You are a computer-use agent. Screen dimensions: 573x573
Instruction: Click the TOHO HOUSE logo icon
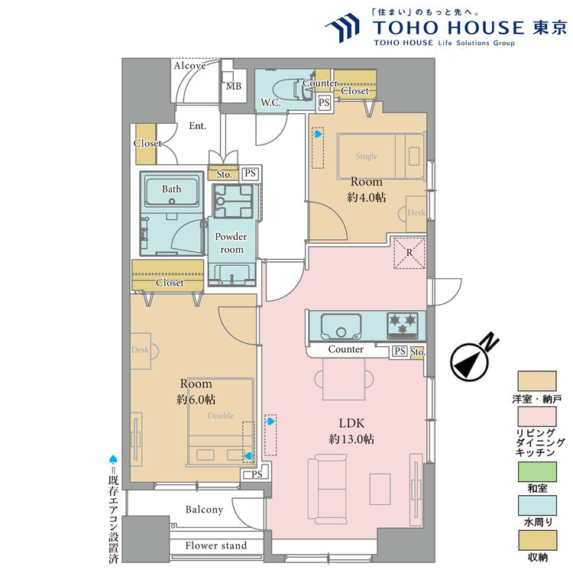344,29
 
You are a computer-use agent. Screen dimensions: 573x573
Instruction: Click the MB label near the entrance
233,86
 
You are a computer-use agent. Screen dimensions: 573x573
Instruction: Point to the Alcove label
189,66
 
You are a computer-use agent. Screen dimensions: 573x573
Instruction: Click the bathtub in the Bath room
171,194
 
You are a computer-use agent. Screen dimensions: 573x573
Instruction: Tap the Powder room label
231,243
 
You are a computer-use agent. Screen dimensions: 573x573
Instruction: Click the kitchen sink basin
341,329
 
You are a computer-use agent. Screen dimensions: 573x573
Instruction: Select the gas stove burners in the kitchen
402,325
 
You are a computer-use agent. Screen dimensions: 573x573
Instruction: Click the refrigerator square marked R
408,252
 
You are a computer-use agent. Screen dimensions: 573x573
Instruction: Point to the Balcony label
204,510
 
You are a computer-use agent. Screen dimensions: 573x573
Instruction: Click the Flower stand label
216,545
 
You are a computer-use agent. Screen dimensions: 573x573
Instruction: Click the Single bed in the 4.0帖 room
380,156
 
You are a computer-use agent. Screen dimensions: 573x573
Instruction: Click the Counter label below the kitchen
345,349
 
